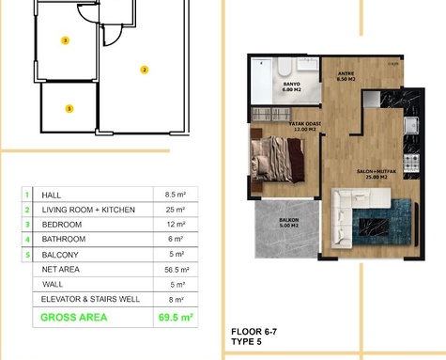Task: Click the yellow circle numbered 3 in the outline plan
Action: click(64, 40)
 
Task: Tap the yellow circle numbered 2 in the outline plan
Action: click(144, 69)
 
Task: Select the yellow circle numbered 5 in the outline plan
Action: click(69, 108)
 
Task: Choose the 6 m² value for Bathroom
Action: click(178, 240)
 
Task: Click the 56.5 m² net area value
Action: click(178, 270)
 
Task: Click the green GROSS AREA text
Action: click(73, 318)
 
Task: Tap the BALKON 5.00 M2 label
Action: click(288, 223)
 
